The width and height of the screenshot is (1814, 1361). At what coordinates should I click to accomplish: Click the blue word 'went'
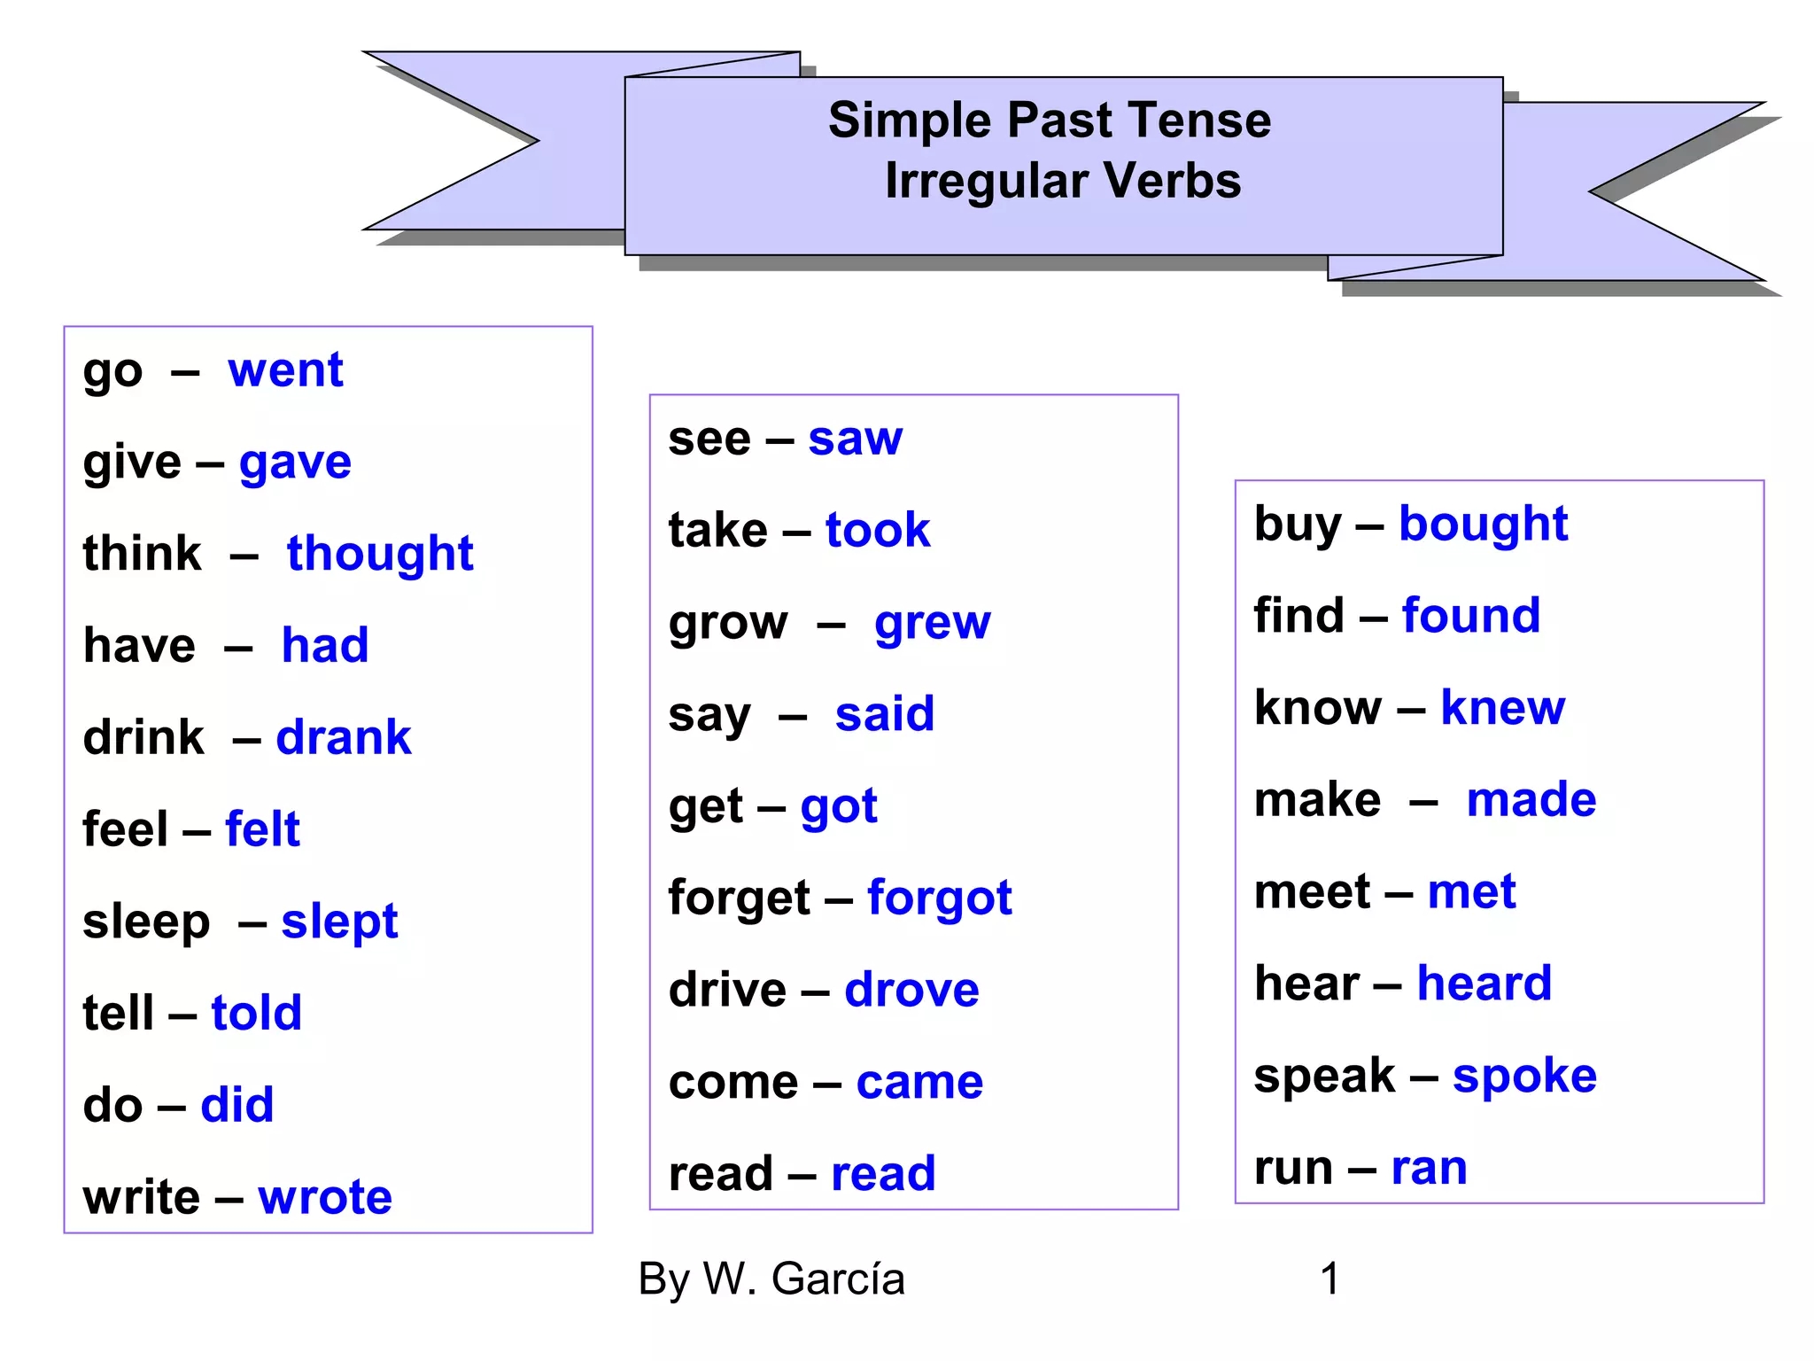(285, 369)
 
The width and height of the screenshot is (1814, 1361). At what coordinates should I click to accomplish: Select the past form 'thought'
(380, 554)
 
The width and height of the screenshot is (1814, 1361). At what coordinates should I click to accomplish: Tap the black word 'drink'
(143, 737)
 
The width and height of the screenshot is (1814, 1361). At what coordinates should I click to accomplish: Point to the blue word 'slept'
(339, 922)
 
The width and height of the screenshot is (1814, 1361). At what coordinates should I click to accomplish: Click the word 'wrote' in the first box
(325, 1197)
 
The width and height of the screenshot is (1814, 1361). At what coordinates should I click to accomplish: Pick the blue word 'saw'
(855, 439)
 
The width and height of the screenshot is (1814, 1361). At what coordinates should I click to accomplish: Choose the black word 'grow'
(728, 623)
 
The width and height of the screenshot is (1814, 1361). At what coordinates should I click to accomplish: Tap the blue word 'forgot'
(939, 898)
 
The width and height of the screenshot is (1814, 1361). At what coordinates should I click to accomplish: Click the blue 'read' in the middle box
(883, 1174)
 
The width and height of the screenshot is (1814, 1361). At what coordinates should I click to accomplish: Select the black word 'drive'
(727, 990)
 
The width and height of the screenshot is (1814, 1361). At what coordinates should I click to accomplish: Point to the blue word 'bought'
(1483, 525)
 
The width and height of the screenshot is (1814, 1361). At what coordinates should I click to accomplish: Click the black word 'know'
(1318, 708)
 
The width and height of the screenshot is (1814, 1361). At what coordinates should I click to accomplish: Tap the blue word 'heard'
(1484, 984)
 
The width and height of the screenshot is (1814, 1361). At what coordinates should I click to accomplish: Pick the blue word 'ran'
(1429, 1168)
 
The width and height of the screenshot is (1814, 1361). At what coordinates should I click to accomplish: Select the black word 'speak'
(1324, 1077)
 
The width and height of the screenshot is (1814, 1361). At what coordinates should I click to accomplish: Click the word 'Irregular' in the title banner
(987, 181)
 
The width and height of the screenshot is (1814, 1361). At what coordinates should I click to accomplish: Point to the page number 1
(1329, 1279)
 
